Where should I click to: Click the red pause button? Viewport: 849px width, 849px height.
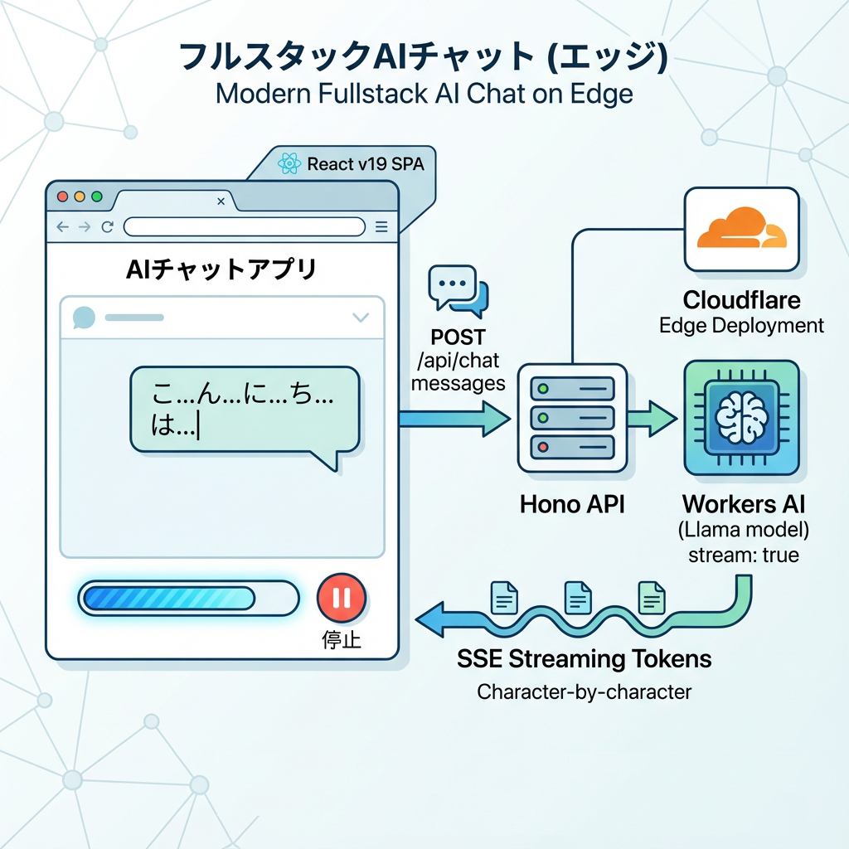point(341,598)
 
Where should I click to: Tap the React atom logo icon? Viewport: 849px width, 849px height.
point(289,163)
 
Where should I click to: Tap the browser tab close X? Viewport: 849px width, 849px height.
point(221,201)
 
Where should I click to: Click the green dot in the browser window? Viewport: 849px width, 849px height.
point(97,197)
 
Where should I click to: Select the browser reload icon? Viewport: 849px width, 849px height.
point(107,226)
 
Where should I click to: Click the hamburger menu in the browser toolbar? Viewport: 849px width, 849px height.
point(381,226)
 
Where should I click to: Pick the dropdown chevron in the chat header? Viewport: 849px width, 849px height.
point(361,317)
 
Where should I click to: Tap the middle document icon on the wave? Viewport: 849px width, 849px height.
point(577,597)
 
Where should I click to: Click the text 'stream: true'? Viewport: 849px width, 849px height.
point(744,555)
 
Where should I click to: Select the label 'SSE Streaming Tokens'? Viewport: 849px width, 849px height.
point(584,659)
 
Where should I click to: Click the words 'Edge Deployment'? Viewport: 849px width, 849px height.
point(741,325)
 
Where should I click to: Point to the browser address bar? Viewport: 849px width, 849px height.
point(244,226)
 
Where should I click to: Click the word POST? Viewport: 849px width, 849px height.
point(458,338)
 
